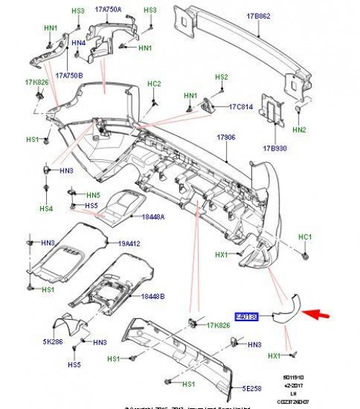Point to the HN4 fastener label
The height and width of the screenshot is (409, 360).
78,42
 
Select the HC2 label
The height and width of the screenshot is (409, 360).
154,84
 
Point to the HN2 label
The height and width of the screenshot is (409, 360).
300,130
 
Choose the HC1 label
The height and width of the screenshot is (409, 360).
305,237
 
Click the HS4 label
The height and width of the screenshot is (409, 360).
46,209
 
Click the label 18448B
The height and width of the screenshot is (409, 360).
153,296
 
